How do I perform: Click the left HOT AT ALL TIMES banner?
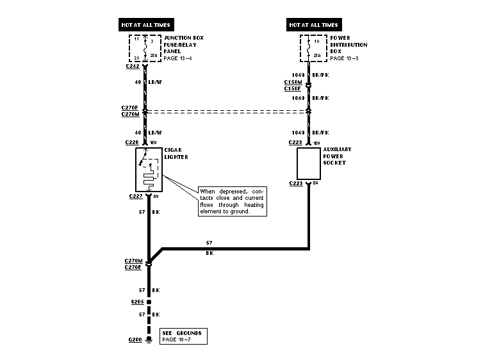[146, 25]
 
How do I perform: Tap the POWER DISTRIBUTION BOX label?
[348, 48]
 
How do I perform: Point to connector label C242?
[133, 66]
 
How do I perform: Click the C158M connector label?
[292, 82]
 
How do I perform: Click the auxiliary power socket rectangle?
[310, 163]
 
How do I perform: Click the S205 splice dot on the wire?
[149, 300]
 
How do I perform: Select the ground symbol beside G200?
[149, 339]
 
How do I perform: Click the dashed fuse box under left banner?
[146, 48]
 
